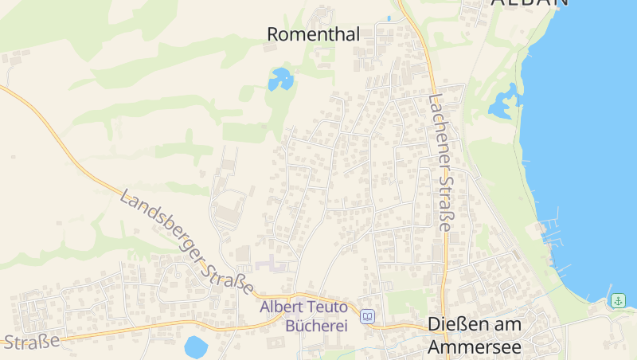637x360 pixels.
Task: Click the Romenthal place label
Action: point(313,34)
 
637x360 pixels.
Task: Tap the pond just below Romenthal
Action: point(279,79)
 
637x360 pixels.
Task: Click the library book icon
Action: point(367,316)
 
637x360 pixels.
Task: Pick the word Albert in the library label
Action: point(281,307)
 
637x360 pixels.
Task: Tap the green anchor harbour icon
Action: point(618,300)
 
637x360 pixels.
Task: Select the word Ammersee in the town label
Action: point(474,347)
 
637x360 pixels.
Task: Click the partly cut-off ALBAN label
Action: point(530,3)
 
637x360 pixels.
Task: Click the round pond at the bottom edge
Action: point(195,347)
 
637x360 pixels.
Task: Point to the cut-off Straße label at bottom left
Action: point(31,342)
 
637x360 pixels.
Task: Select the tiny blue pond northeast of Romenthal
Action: point(389,18)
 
